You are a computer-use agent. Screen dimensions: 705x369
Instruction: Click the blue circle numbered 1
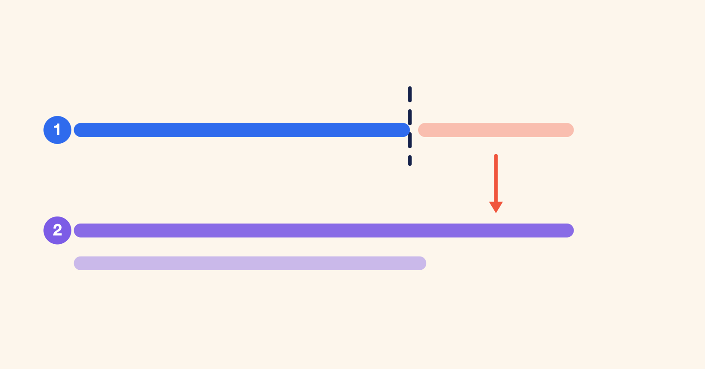pos(57,130)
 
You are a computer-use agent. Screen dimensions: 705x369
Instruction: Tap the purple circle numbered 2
pos(57,231)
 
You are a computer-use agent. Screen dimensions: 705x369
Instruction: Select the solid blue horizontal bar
pos(242,130)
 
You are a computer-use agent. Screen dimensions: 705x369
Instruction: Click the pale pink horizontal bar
pos(496,130)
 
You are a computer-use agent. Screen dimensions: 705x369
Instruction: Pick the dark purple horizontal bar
pos(324,231)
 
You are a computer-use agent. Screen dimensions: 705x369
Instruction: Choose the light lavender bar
pos(250,263)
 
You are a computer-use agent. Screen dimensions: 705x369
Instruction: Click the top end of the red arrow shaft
pos(496,155)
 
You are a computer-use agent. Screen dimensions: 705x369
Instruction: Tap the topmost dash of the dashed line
pos(410,94)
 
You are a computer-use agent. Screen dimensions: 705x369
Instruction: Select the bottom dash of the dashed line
pos(410,160)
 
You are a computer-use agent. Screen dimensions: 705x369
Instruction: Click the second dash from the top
pos(410,117)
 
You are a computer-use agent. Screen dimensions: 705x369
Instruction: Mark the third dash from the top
pos(410,140)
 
